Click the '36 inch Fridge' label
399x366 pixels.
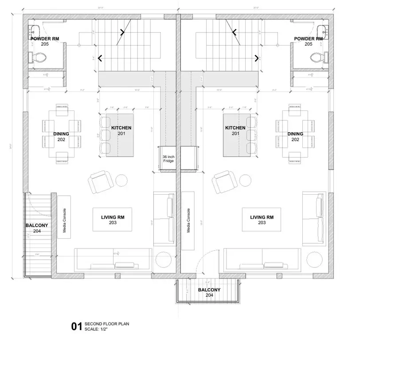click(168, 159)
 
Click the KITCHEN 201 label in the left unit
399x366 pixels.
click(121, 130)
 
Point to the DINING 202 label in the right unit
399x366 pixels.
click(295, 136)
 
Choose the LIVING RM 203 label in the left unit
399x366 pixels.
click(112, 220)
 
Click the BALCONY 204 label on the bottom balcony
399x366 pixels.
click(209, 292)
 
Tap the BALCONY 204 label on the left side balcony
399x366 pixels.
click(36, 228)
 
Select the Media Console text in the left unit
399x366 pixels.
click(64, 221)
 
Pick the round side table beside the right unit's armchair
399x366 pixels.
click(246, 181)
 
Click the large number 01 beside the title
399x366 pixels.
click(77, 327)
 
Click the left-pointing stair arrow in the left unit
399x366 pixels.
click(101, 58)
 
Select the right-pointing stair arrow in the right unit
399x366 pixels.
click(257, 58)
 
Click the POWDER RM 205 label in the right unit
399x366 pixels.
click(309, 41)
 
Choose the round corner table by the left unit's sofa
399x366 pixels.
click(164, 260)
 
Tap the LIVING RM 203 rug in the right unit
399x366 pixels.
click(262, 220)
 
